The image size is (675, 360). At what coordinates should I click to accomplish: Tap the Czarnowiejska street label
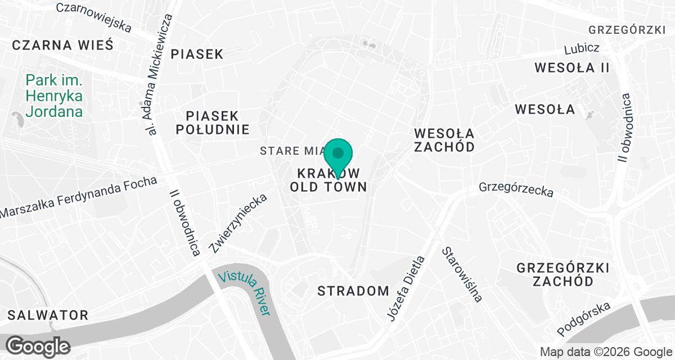click(x=94, y=17)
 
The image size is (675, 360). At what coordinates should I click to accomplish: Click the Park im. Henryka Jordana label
click(x=54, y=96)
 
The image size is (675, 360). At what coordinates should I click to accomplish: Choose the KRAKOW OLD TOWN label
click(x=328, y=179)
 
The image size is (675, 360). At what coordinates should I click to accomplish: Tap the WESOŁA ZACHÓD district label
click(x=444, y=140)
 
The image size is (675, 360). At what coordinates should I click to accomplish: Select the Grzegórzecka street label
click(x=516, y=189)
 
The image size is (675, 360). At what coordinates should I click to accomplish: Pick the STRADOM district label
click(x=353, y=291)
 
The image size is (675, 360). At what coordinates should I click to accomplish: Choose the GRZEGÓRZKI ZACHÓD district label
click(x=563, y=274)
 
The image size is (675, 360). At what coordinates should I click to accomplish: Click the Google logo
click(x=38, y=346)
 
